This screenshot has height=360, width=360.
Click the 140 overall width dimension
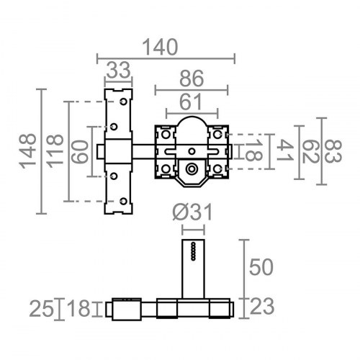coord(160,48)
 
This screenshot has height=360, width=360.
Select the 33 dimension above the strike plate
coord(119,70)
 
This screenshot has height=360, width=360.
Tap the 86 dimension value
coord(192,78)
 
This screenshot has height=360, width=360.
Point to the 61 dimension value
coord(191,102)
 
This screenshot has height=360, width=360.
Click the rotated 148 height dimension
coord(28,151)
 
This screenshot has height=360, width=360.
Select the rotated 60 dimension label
coord(80,152)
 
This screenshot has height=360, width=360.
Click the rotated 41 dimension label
coord(285,150)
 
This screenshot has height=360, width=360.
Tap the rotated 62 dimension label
coord(310,152)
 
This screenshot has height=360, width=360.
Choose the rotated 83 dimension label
coord(333,151)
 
